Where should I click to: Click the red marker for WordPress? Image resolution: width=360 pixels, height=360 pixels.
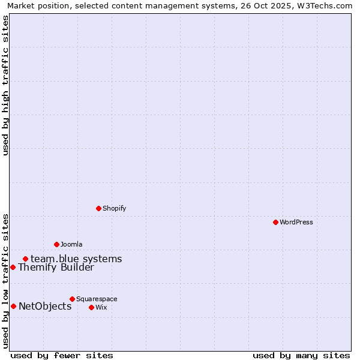(x=275, y=222)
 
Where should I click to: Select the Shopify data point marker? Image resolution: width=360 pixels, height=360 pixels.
(x=98, y=208)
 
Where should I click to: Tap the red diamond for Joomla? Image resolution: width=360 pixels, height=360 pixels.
(x=56, y=244)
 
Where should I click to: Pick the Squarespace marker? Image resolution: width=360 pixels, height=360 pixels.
(x=72, y=299)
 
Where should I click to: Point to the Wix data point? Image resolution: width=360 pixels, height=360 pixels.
(x=91, y=307)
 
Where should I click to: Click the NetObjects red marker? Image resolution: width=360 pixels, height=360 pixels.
(x=13, y=306)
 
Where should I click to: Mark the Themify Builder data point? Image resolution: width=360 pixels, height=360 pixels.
(x=13, y=267)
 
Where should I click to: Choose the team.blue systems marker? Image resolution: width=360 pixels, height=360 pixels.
(x=25, y=259)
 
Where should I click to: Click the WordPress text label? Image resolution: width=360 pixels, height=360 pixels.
(x=296, y=222)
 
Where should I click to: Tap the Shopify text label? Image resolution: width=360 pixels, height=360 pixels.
(x=114, y=208)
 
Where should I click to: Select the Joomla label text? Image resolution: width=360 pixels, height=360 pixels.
(x=71, y=244)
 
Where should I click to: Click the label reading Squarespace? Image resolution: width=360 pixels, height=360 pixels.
(x=97, y=299)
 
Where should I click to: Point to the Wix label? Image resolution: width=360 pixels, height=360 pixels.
(x=101, y=307)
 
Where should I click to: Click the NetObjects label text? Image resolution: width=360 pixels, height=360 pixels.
(x=45, y=307)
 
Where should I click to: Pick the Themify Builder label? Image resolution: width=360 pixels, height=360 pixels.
(x=56, y=268)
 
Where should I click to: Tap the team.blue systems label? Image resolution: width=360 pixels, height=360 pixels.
(x=76, y=259)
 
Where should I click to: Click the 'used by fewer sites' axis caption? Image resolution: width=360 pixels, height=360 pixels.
(x=62, y=355)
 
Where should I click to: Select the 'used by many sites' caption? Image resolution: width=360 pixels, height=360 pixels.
(x=301, y=355)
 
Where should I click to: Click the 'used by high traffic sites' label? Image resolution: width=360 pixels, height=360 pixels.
(x=5, y=85)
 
